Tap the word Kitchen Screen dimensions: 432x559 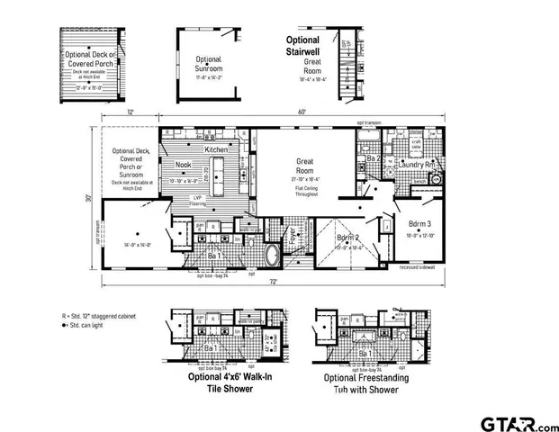(216, 148)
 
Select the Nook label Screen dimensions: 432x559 (183, 165)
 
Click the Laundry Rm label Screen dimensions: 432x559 (418, 165)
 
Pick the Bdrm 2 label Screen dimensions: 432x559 (348, 238)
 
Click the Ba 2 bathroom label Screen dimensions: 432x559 (371, 158)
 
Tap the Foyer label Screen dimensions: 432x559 (293, 236)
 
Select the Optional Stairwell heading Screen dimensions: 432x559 (309, 47)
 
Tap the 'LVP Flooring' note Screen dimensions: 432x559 (196, 201)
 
